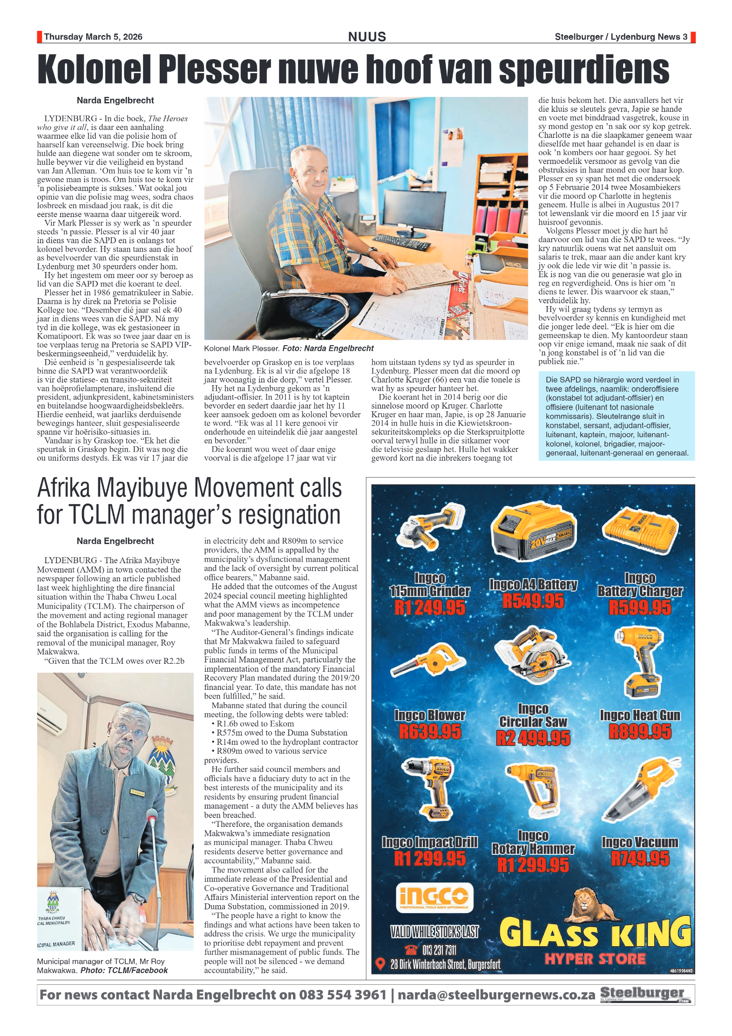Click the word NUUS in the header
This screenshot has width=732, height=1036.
tap(367, 37)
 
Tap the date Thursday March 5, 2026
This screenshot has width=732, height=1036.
tap(93, 37)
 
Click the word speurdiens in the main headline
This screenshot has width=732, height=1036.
tap(584, 70)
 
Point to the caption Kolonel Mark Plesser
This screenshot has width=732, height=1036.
tap(242, 348)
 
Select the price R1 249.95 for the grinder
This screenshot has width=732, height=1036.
tap(429, 607)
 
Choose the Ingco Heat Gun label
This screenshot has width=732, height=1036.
tap(640, 715)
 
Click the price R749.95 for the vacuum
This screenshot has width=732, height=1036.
tap(640, 858)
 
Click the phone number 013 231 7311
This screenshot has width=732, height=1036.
tap(439, 949)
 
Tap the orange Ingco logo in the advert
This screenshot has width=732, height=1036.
tap(434, 897)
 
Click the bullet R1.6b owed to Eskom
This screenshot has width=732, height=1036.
tap(255, 723)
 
